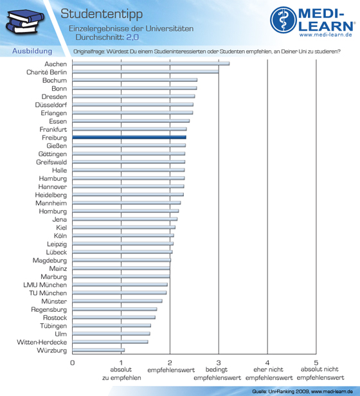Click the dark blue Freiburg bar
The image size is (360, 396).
coord(129,138)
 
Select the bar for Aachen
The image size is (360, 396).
coord(151,64)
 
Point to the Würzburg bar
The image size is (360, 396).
coord(98,350)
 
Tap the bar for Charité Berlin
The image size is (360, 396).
coord(145,72)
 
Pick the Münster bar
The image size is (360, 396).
coord(117,301)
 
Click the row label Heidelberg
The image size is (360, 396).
coord(51,195)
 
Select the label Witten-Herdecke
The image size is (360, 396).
coord(42,342)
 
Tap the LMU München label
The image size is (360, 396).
coord(45,285)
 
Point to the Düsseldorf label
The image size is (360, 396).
coord(51,105)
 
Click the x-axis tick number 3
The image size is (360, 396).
coord(219,363)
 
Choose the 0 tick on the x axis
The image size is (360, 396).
coord(73,363)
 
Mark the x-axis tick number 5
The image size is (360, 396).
coord(316,363)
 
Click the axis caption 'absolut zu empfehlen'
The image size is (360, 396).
coord(122,373)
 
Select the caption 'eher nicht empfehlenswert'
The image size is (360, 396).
coord(269,373)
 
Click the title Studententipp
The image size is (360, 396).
coord(102,14)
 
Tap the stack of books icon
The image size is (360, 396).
coord(24,21)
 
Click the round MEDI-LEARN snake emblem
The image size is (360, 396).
coord(283,20)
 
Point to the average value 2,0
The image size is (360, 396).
coord(132,37)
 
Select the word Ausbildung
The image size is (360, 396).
coord(32,51)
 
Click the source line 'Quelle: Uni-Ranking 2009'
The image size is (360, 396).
coord(281,392)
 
